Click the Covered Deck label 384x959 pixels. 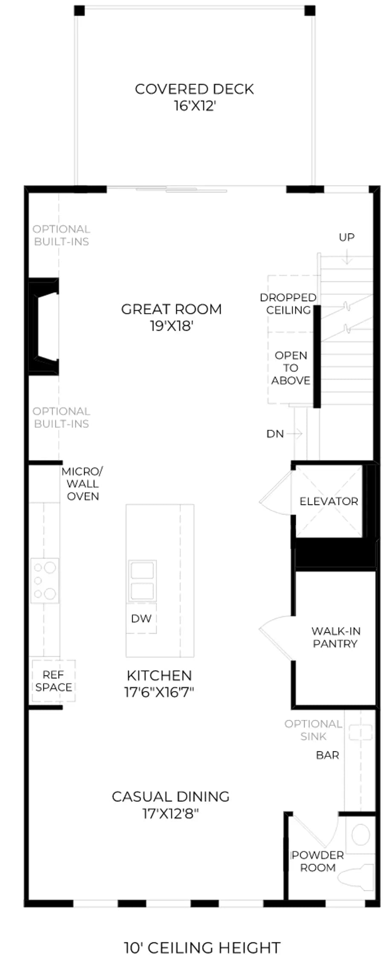[x=194, y=89]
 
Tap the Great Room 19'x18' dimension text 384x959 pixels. [x=172, y=326]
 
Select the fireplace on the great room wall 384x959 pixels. [x=43, y=326]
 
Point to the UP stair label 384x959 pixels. [x=346, y=237]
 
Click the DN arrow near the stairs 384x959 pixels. [x=294, y=434]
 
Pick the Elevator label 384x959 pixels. [x=329, y=501]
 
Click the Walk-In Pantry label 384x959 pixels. [x=336, y=637]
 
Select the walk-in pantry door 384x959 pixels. [x=276, y=638]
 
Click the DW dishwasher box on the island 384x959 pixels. [x=141, y=618]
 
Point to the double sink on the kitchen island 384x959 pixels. [x=142, y=581]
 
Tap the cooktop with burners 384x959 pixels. [x=45, y=581]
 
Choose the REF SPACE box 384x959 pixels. [x=54, y=681]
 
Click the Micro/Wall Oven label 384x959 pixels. [x=82, y=484]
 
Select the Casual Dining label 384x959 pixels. [x=171, y=797]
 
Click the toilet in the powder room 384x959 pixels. [x=356, y=877]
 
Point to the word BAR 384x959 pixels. [x=328, y=755]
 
